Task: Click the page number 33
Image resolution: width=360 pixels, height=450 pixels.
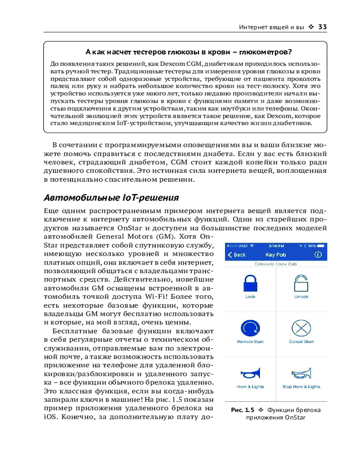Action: click(322, 27)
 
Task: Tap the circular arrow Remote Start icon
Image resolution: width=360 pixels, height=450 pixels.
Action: click(250, 328)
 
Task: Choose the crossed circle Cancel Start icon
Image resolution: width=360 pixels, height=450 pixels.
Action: click(301, 328)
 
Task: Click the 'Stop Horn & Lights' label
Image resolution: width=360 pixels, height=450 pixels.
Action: click(301, 387)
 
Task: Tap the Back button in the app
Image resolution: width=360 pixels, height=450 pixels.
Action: click(237, 255)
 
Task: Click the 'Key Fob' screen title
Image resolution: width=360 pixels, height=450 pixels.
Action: click(276, 255)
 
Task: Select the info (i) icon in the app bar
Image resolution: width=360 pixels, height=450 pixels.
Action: click(318, 255)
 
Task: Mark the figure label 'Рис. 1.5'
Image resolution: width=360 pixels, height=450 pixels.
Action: click(243, 410)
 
